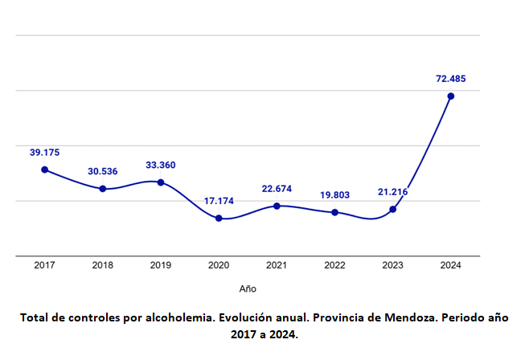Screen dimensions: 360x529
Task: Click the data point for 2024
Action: click(451, 96)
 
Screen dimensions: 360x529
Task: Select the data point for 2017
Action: click(45, 170)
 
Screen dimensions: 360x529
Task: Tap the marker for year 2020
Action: click(219, 218)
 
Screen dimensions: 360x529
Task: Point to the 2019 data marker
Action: click(161, 182)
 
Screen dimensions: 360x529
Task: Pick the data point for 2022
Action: click(335, 212)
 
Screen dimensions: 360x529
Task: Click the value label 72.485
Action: click(451, 79)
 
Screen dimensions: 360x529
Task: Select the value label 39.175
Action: click(45, 152)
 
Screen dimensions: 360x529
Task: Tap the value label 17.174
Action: click(219, 201)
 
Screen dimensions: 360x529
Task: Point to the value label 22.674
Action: click(277, 189)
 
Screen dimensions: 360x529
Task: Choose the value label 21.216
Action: click(393, 192)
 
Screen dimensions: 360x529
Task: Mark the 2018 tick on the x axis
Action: click(103, 264)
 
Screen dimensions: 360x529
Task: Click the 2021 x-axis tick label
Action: click(277, 264)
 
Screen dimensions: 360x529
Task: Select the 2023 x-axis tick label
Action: click(393, 264)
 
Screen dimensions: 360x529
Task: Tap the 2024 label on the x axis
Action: click(451, 264)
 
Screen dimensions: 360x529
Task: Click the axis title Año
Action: click(248, 288)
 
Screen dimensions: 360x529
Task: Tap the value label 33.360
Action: click(161, 165)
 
